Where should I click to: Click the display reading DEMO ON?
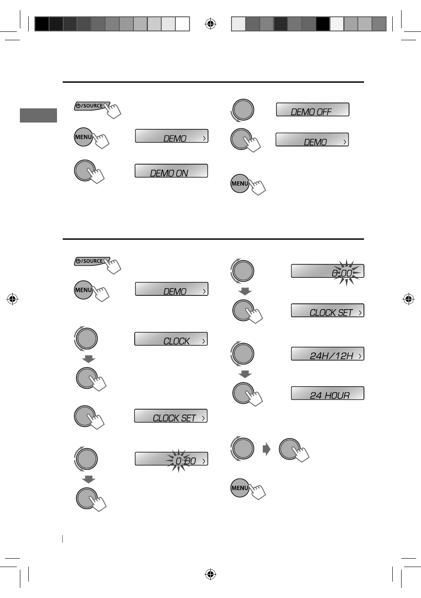tap(171, 171)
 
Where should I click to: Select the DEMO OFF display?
tap(312, 109)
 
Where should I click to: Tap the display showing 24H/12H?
tap(327, 354)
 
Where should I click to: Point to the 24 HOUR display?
tap(327, 393)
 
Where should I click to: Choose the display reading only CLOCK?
tap(171, 339)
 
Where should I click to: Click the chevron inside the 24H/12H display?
tap(360, 356)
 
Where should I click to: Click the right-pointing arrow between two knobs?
tap(266, 449)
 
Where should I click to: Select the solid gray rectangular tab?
tap(38, 115)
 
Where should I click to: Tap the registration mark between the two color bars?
tap(210, 24)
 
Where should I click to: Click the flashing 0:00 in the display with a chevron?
tap(186, 461)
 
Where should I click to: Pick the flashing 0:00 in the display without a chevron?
tap(342, 273)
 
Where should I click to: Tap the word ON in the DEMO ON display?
tap(182, 173)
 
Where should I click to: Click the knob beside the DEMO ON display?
tap(85, 170)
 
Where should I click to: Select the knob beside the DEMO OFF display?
tap(243, 110)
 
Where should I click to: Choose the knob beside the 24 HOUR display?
tap(243, 393)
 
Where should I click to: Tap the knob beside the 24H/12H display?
tap(243, 354)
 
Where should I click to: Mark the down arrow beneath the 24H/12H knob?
tap(245, 374)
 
